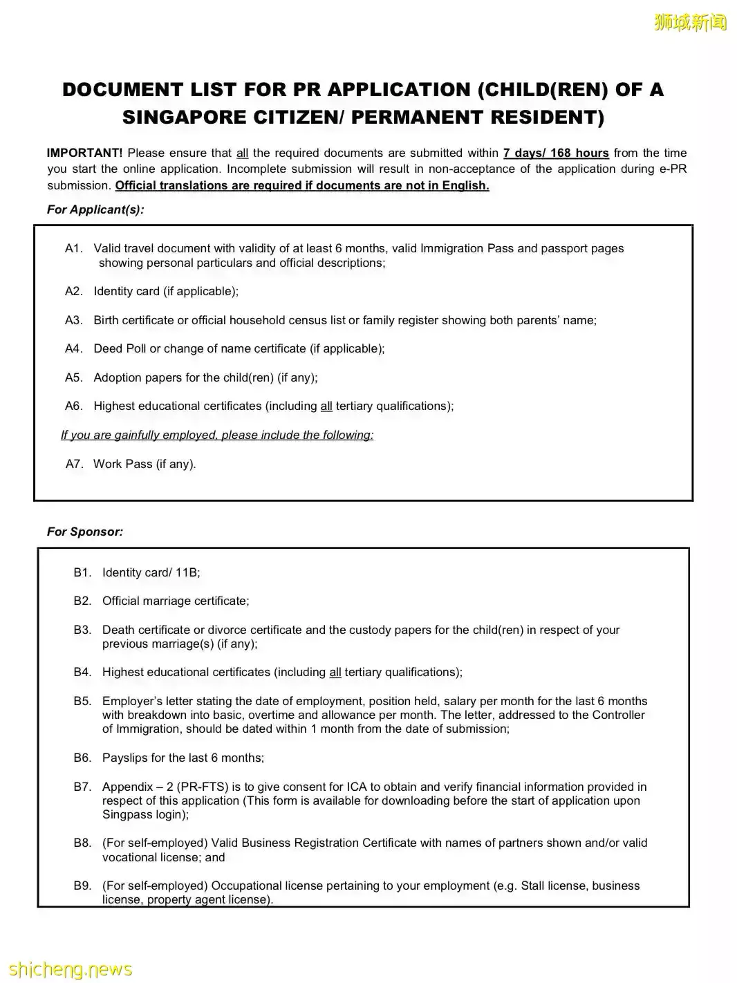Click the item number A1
[x=73, y=248]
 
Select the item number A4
[x=73, y=348]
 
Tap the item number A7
[x=74, y=464]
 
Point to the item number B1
[x=82, y=572]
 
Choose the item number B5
[x=82, y=701]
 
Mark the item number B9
[x=82, y=886]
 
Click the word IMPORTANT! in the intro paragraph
[x=84, y=153]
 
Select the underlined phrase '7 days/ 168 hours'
[x=556, y=153]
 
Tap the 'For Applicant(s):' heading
[x=95, y=209]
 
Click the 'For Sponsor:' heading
[x=85, y=532]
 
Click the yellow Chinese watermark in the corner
[x=690, y=23]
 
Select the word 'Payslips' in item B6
[x=124, y=758]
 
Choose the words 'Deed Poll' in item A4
[x=120, y=348]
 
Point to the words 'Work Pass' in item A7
[x=123, y=464]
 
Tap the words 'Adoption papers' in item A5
[x=138, y=377]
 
